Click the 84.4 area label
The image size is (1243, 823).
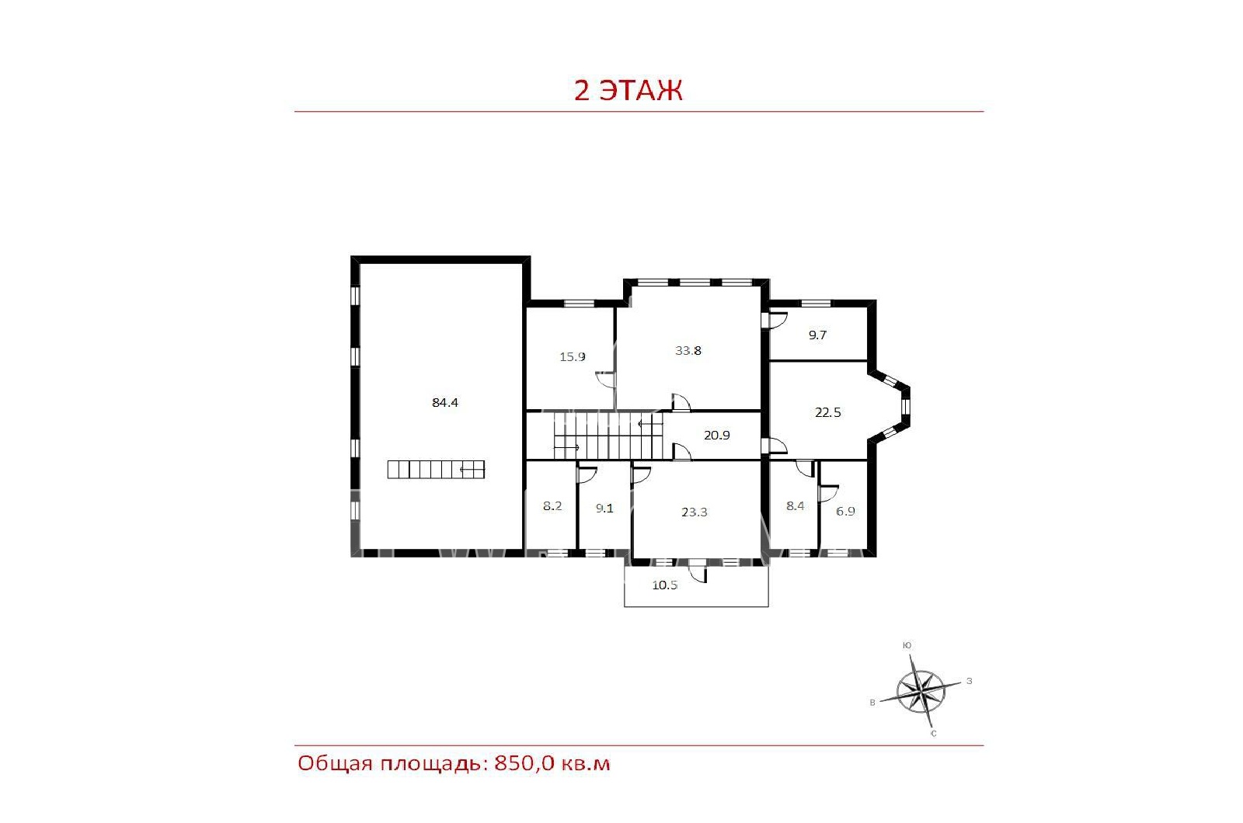click(445, 403)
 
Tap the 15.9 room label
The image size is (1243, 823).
click(572, 356)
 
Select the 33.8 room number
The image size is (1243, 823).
click(688, 350)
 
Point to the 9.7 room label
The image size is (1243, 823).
click(817, 335)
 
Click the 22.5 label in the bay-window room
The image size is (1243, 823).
click(828, 412)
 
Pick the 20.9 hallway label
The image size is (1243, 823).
click(717, 436)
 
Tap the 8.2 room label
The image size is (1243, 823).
click(552, 505)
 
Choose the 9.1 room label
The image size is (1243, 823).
click(604, 508)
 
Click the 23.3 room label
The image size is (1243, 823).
click(695, 512)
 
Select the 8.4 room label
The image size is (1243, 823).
click(796, 505)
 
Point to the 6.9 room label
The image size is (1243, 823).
click(845, 512)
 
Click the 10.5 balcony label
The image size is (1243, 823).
click(665, 585)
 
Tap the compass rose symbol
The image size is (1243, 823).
click(921, 691)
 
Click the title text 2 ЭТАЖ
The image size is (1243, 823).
click(628, 90)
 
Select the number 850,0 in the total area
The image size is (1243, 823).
click(524, 764)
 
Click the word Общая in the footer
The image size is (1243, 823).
click(335, 764)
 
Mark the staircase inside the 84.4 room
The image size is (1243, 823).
click(436, 469)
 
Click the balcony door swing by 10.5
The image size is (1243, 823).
click(698, 574)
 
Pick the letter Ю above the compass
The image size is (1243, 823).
click(907, 645)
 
